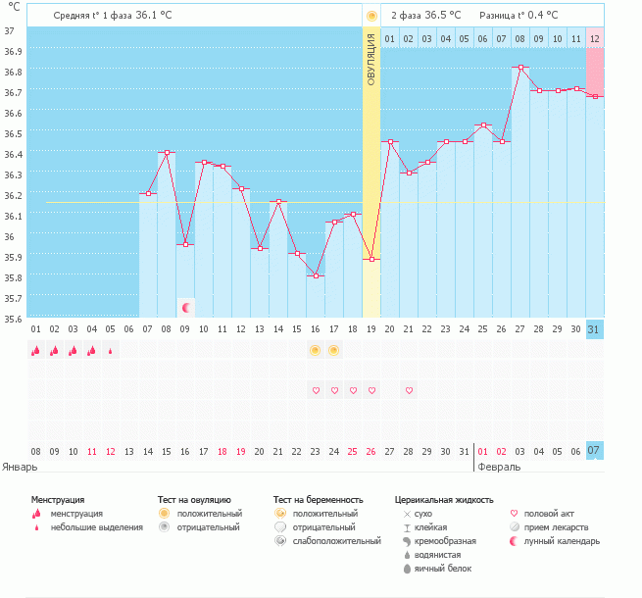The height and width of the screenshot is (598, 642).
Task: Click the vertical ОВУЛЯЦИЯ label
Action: point(371,58)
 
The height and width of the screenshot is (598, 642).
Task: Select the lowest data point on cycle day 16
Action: point(315,276)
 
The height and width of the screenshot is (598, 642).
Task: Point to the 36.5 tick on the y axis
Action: point(14,132)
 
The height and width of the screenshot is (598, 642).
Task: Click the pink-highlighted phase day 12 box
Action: point(594,38)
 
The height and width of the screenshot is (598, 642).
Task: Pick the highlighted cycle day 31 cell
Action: point(594,329)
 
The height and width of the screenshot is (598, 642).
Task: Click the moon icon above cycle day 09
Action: point(185,308)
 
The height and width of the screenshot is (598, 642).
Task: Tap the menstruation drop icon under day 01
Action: point(35,350)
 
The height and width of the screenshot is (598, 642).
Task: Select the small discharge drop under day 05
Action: point(110,350)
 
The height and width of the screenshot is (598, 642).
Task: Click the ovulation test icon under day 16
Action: point(315,350)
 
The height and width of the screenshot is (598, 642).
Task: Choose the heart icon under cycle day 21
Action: point(409,390)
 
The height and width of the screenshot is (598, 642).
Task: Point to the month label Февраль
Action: point(500,467)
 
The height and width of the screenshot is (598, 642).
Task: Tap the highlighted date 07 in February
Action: point(594,451)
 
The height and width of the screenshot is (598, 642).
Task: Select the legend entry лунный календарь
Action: point(561,541)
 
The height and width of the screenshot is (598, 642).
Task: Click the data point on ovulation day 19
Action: point(370,260)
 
